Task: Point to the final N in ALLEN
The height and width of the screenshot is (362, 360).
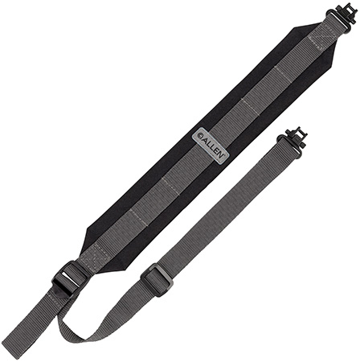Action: point(221,155)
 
